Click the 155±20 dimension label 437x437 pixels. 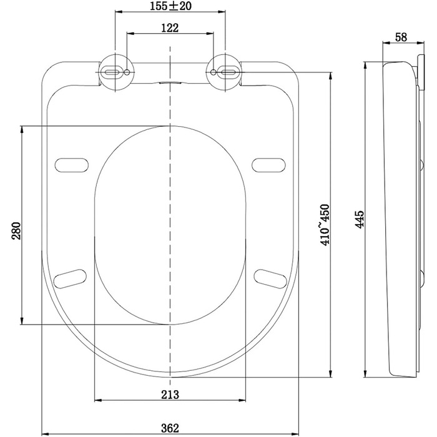point(170,6)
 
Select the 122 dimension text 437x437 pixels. point(170,28)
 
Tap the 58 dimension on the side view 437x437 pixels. point(401,37)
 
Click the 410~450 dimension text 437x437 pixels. point(325,225)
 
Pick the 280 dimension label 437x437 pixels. point(16,231)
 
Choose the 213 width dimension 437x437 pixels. point(170,395)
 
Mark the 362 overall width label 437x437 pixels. point(170,428)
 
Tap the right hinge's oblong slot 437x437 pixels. point(229,72)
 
